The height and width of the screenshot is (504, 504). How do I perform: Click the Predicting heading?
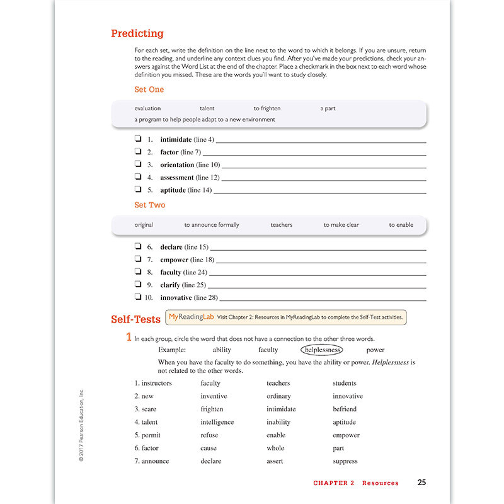pos(137,34)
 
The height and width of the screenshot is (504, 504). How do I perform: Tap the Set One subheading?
pos(149,89)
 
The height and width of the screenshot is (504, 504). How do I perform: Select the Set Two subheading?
pos(149,205)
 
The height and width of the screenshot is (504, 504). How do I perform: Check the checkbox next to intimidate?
pos(137,139)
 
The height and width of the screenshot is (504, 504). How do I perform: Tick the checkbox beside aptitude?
pos(137,190)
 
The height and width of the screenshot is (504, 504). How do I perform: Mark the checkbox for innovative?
pos(137,297)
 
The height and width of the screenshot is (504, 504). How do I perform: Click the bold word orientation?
pos(177,165)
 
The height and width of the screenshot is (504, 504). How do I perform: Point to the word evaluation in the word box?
pos(147,108)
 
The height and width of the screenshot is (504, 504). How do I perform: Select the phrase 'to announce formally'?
pos(212,225)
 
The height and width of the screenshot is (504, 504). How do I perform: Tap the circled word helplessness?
pos(321,350)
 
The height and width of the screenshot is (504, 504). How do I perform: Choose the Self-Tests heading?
pos(135,319)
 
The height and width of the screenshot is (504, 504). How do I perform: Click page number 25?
pos(421,483)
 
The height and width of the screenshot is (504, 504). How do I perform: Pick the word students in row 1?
pos(344,383)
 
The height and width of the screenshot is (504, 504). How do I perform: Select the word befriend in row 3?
pos(345,409)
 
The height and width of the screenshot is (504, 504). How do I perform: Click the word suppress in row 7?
pos(345,461)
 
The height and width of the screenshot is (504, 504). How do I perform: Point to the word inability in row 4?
pos(278,422)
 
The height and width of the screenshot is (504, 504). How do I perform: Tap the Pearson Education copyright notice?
pos(81,425)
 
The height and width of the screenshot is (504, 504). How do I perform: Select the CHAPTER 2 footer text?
pos(334,483)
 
